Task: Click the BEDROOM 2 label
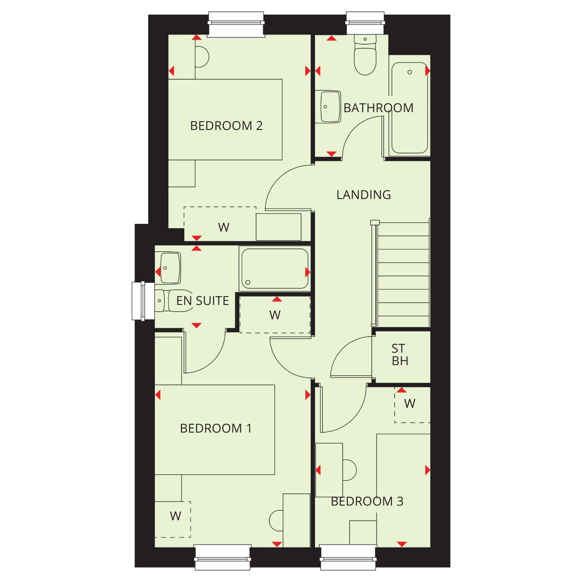pyautogui.click(x=226, y=126)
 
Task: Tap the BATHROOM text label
pyautogui.click(x=378, y=107)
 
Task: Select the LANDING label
pyautogui.click(x=364, y=194)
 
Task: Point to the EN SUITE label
pyautogui.click(x=203, y=301)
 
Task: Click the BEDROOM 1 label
pyautogui.click(x=216, y=428)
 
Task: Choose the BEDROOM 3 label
pyautogui.click(x=367, y=501)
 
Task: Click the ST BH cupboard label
pyautogui.click(x=400, y=355)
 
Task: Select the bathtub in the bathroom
pyautogui.click(x=409, y=108)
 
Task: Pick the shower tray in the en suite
pyautogui.click(x=275, y=268)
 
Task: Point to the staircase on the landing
pyautogui.click(x=402, y=274)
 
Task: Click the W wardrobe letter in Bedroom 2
pyautogui.click(x=223, y=227)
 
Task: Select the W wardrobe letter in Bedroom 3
pyautogui.click(x=410, y=404)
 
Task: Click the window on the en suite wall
pyautogui.click(x=139, y=301)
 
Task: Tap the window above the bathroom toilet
pyautogui.click(x=365, y=23)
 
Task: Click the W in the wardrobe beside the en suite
pyautogui.click(x=275, y=315)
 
